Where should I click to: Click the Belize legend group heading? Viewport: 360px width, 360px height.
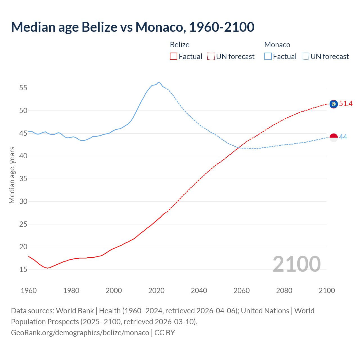point(179,45)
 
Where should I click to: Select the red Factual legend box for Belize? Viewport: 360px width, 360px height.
point(174,57)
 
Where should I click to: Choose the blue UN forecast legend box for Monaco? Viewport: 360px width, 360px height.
point(305,57)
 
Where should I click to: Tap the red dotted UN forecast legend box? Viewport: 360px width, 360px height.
point(211,57)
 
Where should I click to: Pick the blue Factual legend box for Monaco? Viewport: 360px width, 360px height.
point(268,57)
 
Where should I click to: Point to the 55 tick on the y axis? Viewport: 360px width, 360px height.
point(23,88)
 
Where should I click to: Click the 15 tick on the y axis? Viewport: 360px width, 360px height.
point(23,269)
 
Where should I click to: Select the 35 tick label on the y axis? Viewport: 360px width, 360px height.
point(23,179)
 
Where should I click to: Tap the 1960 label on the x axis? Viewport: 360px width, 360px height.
point(29,291)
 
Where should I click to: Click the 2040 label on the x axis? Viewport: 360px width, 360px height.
point(199,291)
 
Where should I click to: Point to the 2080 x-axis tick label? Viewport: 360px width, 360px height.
point(284,291)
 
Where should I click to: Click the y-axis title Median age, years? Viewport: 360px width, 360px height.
point(12,175)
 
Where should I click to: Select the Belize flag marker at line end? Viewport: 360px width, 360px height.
point(334,104)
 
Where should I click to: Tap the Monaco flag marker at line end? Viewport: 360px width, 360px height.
point(334,138)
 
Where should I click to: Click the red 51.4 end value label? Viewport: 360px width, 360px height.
point(346,104)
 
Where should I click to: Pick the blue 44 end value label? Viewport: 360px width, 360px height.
point(343,137)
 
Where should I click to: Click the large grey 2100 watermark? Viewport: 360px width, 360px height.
point(296,264)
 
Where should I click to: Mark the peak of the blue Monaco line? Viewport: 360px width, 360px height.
point(158,82)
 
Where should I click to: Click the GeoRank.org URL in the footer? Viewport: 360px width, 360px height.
point(80,333)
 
